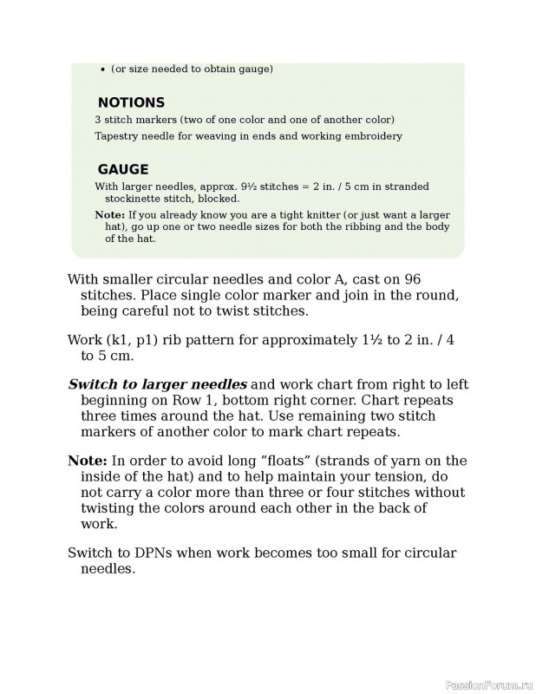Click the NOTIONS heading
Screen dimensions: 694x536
[x=131, y=102]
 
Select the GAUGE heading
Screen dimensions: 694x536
[x=122, y=170]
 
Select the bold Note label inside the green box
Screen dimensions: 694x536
[x=109, y=214]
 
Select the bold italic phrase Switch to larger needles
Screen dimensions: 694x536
[x=157, y=384]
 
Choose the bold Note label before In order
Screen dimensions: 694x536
[x=88, y=461]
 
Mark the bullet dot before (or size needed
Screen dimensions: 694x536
[x=103, y=69]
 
